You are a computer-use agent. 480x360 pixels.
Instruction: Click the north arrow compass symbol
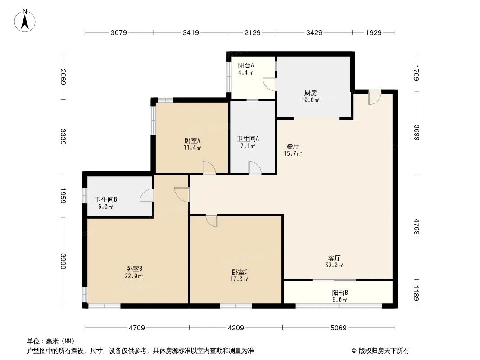(x=26, y=20)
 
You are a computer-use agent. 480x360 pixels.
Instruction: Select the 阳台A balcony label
(x=246, y=68)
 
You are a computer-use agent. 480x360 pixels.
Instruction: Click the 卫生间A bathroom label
(x=247, y=142)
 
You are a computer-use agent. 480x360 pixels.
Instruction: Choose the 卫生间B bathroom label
(x=106, y=203)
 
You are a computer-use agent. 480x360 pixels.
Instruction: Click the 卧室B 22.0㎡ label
(x=134, y=272)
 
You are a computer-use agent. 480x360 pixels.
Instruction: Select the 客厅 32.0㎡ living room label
(x=335, y=261)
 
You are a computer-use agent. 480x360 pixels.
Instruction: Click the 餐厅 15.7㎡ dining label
(x=293, y=150)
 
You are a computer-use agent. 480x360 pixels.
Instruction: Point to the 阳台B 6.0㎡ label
(x=340, y=296)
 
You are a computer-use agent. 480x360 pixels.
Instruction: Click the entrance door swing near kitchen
(x=374, y=98)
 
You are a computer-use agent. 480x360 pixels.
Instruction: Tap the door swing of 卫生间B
(x=147, y=196)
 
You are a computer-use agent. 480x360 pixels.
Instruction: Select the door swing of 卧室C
(x=212, y=221)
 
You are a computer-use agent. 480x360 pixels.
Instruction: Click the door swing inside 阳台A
(x=269, y=84)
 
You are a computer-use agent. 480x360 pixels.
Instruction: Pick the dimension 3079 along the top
(x=119, y=32)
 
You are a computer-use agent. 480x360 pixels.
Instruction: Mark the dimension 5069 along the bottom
(x=338, y=328)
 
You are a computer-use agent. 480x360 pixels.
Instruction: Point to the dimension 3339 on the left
(x=63, y=137)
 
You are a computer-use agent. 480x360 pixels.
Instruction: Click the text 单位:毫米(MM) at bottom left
(x=50, y=341)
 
